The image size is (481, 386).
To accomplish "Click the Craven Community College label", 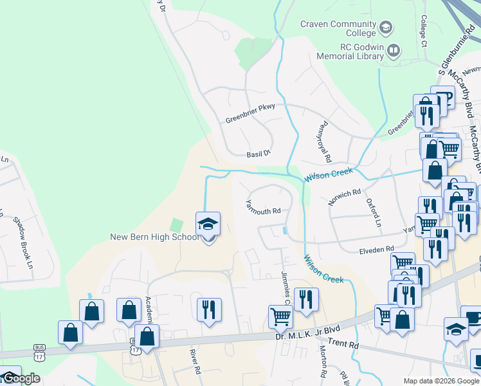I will [x=338, y=28].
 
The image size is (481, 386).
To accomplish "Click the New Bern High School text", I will [x=155, y=237].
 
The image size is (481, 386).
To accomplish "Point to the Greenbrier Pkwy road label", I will [x=250, y=114].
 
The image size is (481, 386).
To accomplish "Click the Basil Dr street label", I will [x=260, y=154].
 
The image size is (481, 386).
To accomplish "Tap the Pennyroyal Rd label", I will [x=324, y=142].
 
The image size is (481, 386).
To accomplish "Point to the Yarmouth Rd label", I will [x=264, y=207].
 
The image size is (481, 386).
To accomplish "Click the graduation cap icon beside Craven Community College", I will [x=385, y=28].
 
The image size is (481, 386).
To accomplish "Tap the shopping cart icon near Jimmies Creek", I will [x=280, y=317].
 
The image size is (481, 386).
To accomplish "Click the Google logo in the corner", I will [x=21, y=379].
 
